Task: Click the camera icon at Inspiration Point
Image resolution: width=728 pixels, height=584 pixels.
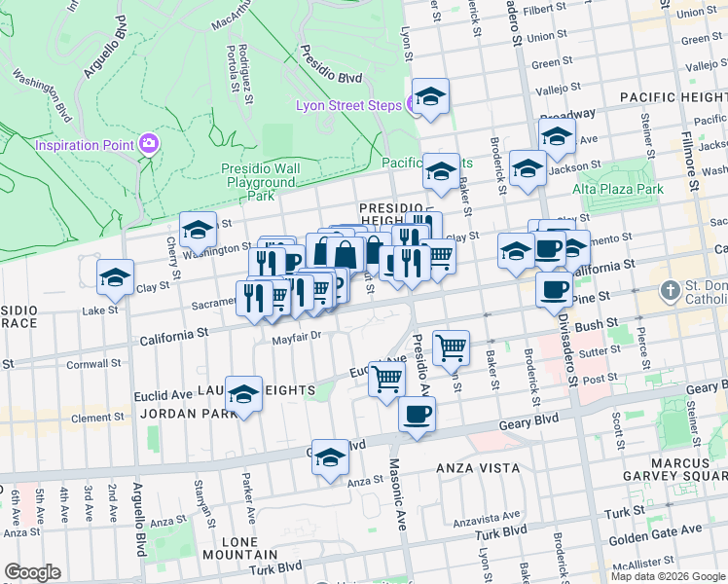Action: point(149,144)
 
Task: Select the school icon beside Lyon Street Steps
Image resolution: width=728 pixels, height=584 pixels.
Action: point(428,97)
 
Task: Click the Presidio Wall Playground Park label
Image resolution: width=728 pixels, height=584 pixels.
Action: point(261,181)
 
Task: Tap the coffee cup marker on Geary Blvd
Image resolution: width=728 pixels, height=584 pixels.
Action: point(417,415)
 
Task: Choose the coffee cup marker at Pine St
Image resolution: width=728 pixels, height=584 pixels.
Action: point(555,288)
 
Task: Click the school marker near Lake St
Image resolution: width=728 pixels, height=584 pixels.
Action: point(115,277)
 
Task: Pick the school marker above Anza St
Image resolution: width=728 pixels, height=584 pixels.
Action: point(330,457)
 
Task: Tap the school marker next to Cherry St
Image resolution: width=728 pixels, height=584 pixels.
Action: point(198,231)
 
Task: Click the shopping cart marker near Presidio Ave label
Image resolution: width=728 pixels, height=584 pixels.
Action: point(451,347)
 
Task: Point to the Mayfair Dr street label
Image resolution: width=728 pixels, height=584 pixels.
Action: point(296,336)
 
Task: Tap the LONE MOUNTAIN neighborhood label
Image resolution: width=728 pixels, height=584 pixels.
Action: point(239,548)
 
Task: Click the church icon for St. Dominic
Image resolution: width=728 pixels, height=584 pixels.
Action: point(670,290)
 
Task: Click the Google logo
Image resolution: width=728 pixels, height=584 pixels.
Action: point(32,572)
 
